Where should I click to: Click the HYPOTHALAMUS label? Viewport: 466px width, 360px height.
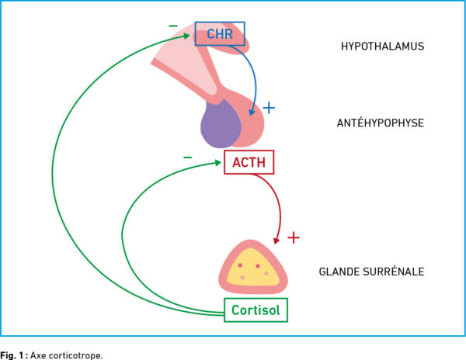(382, 47)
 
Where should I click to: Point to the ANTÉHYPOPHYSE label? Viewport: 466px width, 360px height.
(381, 123)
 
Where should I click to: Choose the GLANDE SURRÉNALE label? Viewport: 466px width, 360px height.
(371, 272)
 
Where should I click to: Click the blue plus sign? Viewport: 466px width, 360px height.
(269, 108)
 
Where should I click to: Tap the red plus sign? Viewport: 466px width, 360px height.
(294, 237)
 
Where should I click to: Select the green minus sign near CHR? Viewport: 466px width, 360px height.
(173, 26)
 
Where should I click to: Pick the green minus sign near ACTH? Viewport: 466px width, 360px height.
(187, 157)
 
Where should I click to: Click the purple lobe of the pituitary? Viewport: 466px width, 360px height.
(221, 124)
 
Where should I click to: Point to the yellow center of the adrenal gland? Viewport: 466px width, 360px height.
(252, 268)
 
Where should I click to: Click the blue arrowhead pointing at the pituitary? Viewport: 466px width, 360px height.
(252, 112)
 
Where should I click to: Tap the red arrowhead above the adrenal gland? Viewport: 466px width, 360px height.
(276, 240)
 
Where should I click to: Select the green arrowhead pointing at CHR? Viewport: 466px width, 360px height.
(186, 36)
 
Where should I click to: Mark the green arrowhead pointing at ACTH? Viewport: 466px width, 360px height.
(217, 163)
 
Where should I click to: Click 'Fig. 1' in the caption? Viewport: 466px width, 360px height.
(12, 355)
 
